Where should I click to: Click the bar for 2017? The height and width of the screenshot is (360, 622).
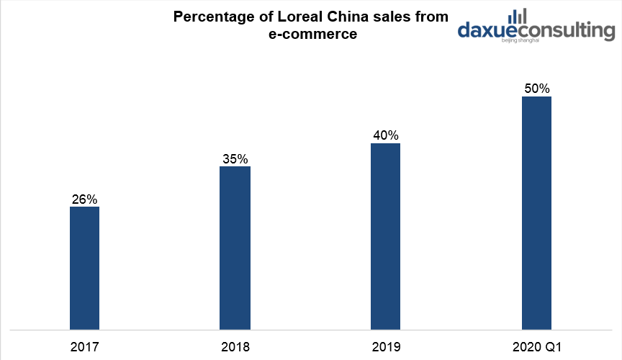(x=84, y=268)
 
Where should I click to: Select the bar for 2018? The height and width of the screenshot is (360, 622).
(x=235, y=248)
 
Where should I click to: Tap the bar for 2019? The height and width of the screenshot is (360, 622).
(x=385, y=236)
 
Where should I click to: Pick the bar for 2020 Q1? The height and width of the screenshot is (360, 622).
(x=536, y=213)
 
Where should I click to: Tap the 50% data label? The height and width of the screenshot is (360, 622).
(x=536, y=89)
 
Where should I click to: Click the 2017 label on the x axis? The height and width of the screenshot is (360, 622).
(x=84, y=347)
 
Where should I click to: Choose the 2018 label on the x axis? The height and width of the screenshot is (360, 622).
(x=235, y=347)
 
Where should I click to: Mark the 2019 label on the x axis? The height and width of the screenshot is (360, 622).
(x=385, y=347)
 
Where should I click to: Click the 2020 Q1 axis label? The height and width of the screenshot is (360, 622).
(x=536, y=347)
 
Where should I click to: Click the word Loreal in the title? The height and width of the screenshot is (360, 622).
(x=303, y=17)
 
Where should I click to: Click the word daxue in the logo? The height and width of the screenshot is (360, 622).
(x=488, y=31)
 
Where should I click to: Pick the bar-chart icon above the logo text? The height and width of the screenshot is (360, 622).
(x=517, y=16)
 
